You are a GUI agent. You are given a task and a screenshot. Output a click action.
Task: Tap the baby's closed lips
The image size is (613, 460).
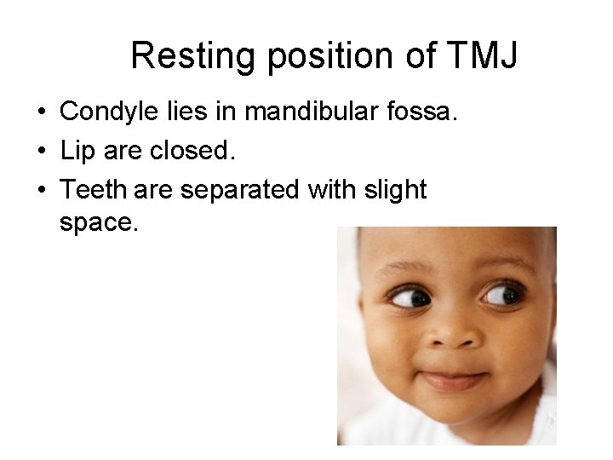click(455, 377)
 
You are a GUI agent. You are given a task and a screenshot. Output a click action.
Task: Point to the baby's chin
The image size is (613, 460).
click(455, 417)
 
